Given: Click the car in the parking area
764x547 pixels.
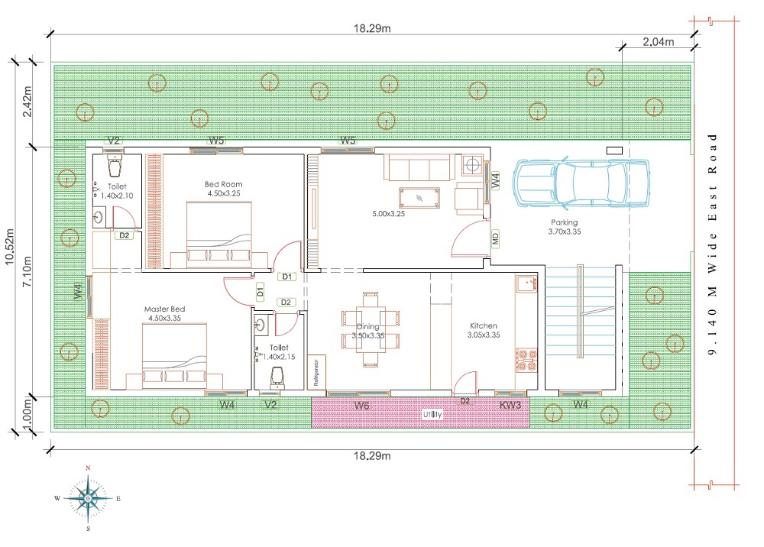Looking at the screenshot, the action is (581, 182).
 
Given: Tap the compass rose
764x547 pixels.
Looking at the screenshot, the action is (88, 499).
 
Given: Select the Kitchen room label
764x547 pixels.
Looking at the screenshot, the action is (484, 326).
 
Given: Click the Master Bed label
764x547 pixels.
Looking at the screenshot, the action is (165, 309).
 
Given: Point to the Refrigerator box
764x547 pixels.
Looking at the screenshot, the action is (316, 372).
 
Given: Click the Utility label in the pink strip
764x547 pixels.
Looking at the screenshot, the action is (432, 414).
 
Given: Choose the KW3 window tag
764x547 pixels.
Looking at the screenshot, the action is (510, 405).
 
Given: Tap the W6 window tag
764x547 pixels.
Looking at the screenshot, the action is (361, 405).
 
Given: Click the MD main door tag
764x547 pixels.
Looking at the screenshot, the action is (496, 238).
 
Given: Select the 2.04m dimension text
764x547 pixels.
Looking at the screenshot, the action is (659, 42).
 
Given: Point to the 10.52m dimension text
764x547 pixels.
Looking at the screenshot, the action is (10, 247).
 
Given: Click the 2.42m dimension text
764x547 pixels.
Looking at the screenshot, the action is (28, 102).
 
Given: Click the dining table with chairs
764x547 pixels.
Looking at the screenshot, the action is (371, 329).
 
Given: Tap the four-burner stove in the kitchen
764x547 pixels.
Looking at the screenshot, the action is (526, 361).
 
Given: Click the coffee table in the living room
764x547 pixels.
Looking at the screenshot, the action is (419, 198).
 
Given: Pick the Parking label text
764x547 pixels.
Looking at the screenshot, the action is (565, 222).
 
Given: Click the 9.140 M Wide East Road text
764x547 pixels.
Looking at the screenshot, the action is (712, 244).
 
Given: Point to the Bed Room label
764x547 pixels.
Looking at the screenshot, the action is (223, 184).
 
